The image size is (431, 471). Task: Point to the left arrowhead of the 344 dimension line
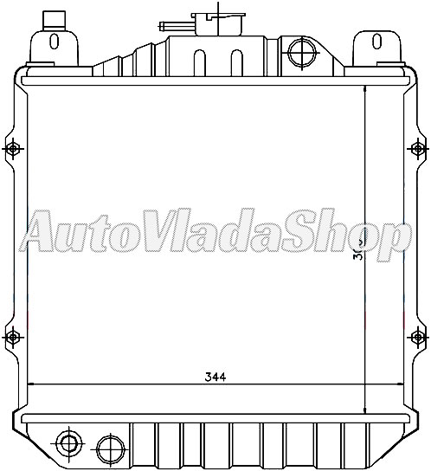(x=34, y=384)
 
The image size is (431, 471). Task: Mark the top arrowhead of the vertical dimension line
(x=366, y=86)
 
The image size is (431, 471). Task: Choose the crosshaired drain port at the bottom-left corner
(x=68, y=445)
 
